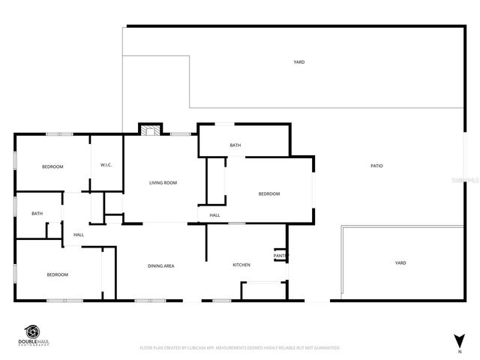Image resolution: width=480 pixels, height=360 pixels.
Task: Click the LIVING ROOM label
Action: pos(163,183)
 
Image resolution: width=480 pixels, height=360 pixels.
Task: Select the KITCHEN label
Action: pos(241,265)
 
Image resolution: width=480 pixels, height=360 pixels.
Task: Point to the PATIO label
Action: pos(376,166)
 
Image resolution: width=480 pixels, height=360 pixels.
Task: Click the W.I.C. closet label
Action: pos(106,165)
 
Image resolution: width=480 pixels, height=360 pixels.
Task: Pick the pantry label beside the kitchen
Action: pos(280,256)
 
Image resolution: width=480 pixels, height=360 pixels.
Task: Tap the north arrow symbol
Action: pos(460,340)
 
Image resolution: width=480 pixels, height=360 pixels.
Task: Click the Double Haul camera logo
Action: pos(34,332)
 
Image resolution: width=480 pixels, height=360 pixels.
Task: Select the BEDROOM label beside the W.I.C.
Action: pos(52,166)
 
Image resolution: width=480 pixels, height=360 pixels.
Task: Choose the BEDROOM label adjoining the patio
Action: pos(269,194)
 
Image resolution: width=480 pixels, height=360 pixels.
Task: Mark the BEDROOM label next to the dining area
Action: pos(58,274)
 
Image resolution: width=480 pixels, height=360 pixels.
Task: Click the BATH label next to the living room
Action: pos(235,145)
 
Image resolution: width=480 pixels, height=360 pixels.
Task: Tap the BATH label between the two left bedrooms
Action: pos(37,214)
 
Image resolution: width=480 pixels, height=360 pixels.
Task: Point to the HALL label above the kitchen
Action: pos(214,215)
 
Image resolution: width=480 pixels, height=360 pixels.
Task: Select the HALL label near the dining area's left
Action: pos(79,235)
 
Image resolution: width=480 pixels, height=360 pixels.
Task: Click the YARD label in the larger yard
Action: pos(299,62)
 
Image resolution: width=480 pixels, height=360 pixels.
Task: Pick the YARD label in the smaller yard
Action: pos(400,262)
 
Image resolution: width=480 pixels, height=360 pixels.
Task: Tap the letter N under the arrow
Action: pos(460,351)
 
